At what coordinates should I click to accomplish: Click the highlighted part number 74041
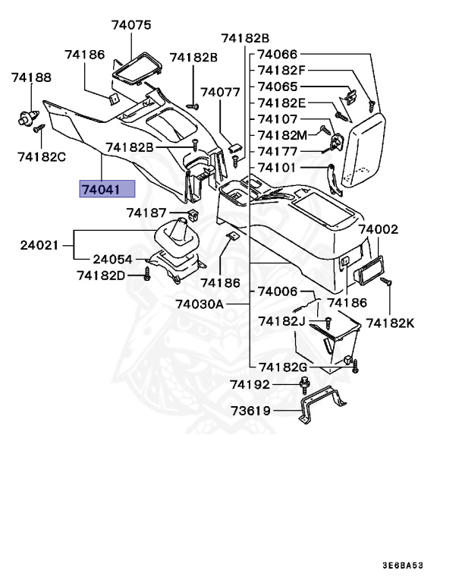coord(107,189)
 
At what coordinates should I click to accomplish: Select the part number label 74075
coord(131,25)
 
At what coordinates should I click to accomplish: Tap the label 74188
coord(31,77)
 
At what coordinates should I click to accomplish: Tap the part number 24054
coord(113,259)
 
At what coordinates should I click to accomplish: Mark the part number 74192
coord(250,385)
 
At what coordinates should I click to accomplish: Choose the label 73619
coord(250,412)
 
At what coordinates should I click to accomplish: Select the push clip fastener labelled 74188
coord(28,118)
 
